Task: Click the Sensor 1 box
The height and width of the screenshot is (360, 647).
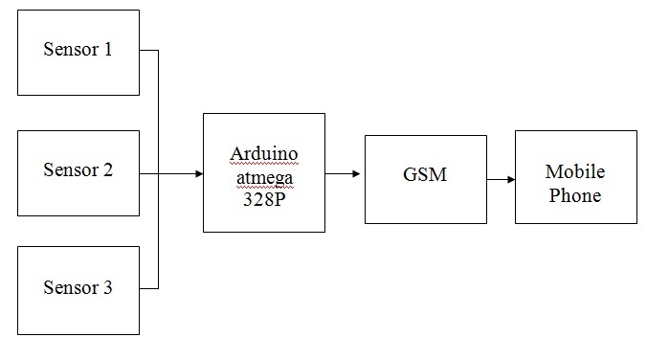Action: (x=78, y=53)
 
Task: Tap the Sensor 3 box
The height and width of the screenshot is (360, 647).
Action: (x=78, y=289)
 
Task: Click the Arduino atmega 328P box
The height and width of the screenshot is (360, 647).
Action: (x=263, y=172)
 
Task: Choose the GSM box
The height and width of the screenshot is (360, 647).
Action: (x=426, y=175)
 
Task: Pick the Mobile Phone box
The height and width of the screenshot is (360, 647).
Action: (x=575, y=177)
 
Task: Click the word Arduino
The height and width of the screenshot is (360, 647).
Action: (x=263, y=154)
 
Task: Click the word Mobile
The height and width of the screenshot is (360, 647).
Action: (x=575, y=172)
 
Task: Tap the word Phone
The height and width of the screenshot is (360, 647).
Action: (x=575, y=195)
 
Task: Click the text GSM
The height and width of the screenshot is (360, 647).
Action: (x=426, y=175)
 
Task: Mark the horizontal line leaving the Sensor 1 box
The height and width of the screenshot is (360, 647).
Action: (x=148, y=50)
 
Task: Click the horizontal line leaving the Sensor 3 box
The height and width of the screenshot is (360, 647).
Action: (x=148, y=288)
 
